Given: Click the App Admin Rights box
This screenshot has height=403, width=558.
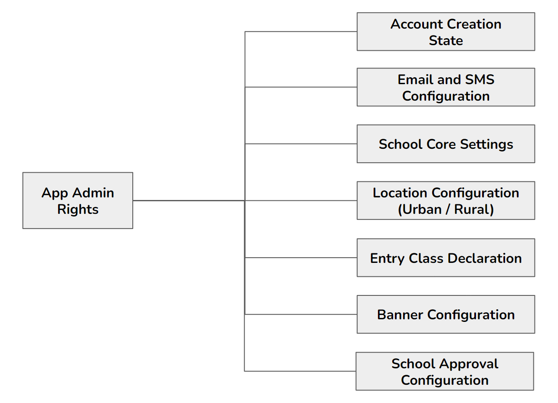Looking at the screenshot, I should click(x=78, y=200).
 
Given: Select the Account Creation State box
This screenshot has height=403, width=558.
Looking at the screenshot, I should click(x=446, y=32).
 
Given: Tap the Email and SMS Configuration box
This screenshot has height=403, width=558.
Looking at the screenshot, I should click(x=446, y=87).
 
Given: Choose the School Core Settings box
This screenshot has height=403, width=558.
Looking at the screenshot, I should click(x=446, y=144).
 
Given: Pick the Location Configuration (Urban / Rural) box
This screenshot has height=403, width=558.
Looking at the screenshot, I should click(x=446, y=200).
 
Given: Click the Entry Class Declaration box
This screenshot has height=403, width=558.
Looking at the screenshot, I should click(x=446, y=258).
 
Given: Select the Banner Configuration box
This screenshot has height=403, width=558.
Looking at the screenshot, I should click(x=446, y=315).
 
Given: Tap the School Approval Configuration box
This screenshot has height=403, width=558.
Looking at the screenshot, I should click(x=445, y=371).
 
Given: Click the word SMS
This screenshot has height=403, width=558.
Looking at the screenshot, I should click(x=480, y=80).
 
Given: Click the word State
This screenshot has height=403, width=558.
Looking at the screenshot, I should click(x=446, y=41).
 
